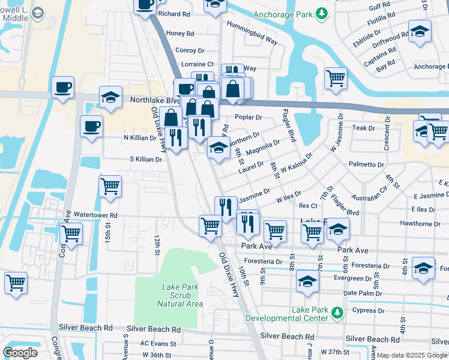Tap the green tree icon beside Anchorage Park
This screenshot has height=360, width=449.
tap(322, 13)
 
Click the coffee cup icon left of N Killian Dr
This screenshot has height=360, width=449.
tap(92, 127)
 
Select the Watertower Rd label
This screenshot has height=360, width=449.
tap(95, 214)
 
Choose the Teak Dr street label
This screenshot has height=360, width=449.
tap(363, 128)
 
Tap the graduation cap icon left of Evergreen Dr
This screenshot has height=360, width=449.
tap(307, 281)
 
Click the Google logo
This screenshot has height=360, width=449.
tap(20, 352)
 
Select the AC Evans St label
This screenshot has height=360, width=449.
tap(158, 344)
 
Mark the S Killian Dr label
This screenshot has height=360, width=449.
tap(146, 160)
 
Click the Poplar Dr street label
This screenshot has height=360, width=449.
tap(249, 118)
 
